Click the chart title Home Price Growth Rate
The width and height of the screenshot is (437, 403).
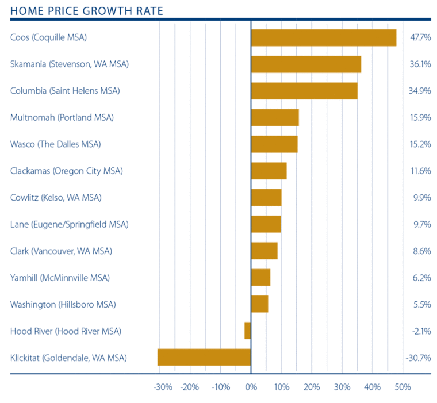[86, 11]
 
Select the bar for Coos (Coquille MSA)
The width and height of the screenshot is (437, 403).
[324, 37]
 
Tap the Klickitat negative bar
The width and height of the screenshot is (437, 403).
[204, 357]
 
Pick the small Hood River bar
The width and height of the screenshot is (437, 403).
[248, 331]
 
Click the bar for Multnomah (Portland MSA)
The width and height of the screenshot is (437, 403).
[275, 117]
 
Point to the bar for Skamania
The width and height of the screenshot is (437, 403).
[306, 64]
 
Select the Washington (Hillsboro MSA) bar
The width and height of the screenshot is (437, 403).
[259, 304]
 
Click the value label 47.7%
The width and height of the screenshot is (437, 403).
[420, 38]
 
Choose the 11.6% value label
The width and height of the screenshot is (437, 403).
[420, 171]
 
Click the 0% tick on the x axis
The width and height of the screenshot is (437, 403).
[251, 387]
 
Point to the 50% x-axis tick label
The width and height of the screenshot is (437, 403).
[402, 387]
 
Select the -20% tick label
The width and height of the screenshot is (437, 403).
[189, 387]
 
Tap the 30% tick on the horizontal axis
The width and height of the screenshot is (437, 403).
[342, 387]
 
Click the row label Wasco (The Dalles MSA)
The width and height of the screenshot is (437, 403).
[55, 144]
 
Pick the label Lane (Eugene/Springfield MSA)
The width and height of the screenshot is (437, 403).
[69, 224]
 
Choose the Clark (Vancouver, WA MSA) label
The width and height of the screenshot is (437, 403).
[61, 251]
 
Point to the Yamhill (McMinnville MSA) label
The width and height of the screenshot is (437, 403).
[60, 278]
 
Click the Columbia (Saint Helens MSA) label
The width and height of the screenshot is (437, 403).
[65, 91]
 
